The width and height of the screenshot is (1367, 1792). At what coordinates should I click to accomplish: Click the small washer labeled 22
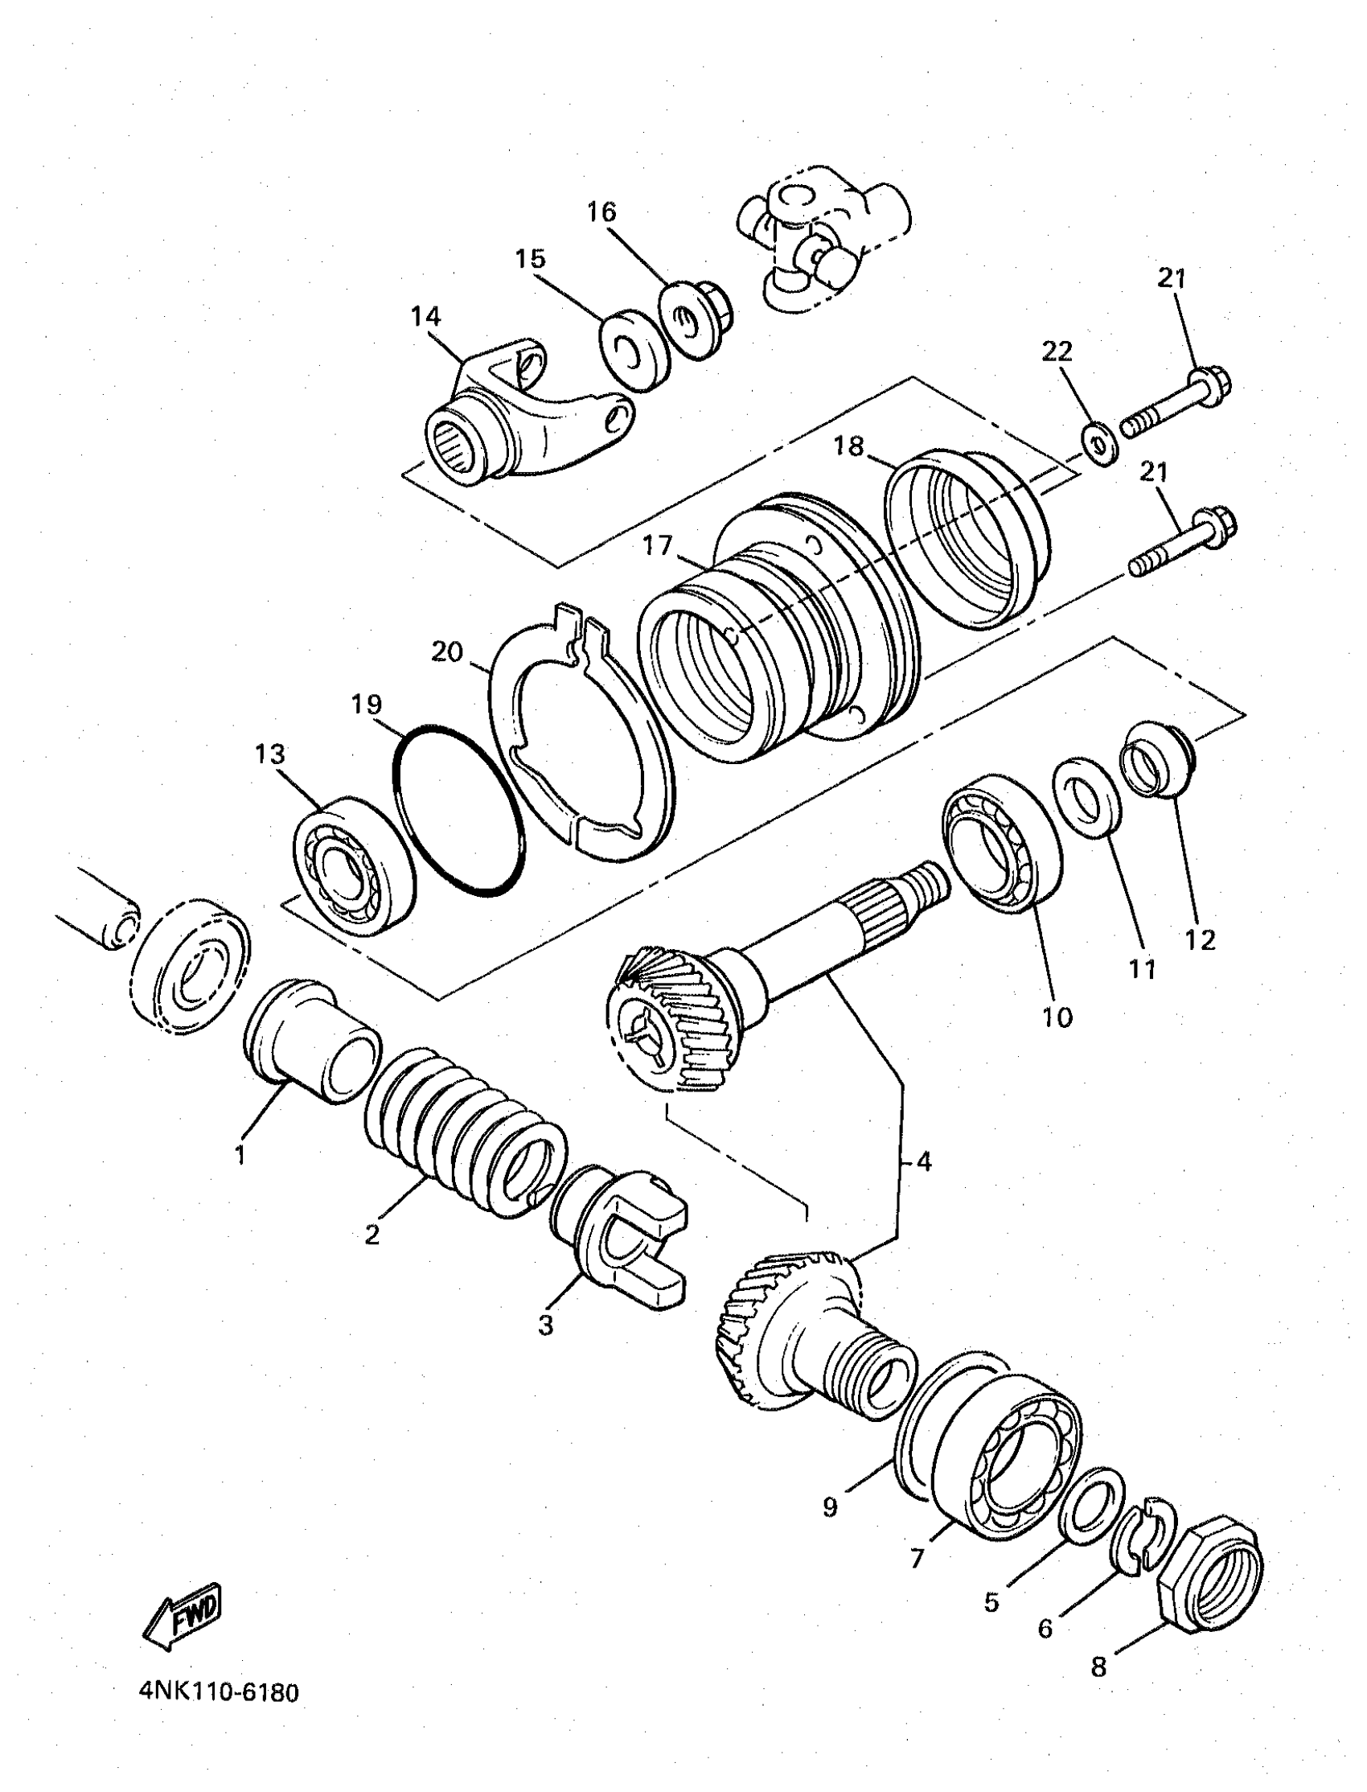[1096, 446]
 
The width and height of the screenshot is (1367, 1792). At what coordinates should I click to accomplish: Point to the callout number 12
[1201, 940]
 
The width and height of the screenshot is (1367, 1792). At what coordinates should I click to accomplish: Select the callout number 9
[829, 1486]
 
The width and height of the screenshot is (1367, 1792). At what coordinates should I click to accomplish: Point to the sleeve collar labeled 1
[314, 1040]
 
